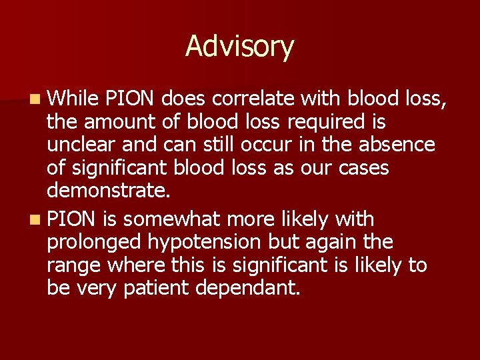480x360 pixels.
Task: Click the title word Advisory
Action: [x=239, y=47]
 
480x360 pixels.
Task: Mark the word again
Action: [x=343, y=242]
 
